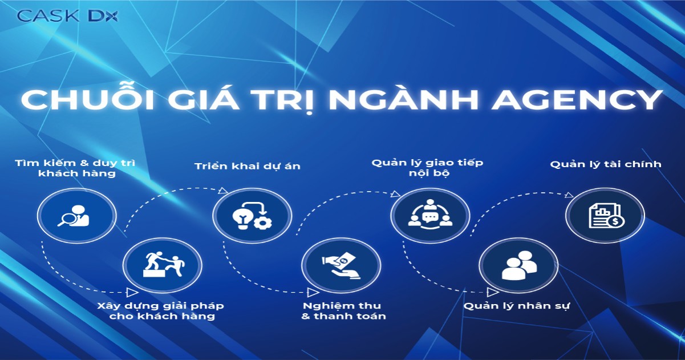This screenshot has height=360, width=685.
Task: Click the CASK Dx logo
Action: pos(67,16)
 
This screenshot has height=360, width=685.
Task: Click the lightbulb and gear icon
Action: pos(251,215)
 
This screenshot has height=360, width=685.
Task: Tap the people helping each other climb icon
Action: pos(163,264)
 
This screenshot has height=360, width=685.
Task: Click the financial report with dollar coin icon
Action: pos(605,215)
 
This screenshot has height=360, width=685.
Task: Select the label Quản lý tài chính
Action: pos(606,164)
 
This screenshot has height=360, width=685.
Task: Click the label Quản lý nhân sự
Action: pos(517,306)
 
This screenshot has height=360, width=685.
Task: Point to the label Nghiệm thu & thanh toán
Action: pos(344,311)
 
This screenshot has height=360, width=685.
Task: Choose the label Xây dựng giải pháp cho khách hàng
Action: pos(163,311)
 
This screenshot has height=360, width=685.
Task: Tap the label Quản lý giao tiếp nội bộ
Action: pos(427,167)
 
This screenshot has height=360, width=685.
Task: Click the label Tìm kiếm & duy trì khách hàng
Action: pos(76,168)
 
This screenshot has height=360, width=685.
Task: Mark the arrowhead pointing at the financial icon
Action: pos(569,195)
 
